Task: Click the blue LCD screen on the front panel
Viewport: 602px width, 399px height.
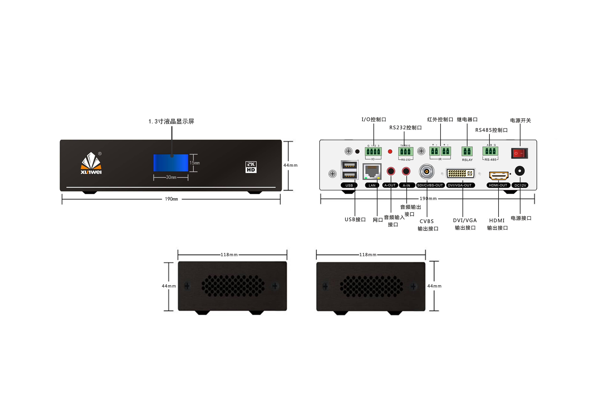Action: pos(171,163)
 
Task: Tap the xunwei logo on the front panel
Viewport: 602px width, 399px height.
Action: pos(91,163)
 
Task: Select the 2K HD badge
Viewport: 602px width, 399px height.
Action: pos(251,167)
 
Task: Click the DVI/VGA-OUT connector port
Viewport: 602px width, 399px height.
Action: pos(460,174)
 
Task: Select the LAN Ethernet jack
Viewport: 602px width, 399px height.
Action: pos(372,172)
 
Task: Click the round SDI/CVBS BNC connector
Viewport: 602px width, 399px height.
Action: pos(427,172)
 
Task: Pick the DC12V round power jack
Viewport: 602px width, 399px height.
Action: pos(519,171)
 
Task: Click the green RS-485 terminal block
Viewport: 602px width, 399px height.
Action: pos(490,151)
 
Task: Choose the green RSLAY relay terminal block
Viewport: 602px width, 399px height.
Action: pos(467,151)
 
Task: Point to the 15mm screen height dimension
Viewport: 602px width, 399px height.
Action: pos(195,163)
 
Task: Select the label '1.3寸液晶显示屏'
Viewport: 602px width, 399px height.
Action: pos(171,121)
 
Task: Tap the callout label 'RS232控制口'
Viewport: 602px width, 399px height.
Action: pos(405,128)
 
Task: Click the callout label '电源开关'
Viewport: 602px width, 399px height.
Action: pos(520,120)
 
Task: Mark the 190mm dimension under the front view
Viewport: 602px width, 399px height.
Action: pos(171,199)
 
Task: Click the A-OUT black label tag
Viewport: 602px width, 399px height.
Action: pos(390,185)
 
